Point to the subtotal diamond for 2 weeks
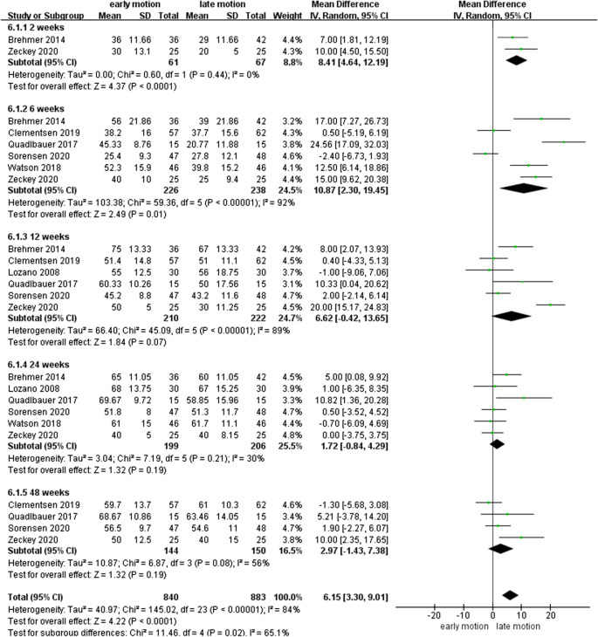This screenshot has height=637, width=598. [516, 60]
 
